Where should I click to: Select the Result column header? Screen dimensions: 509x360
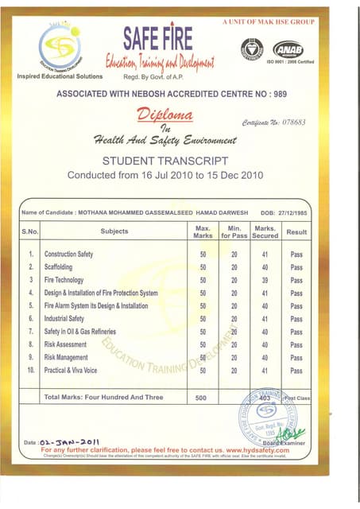click(x=296, y=231)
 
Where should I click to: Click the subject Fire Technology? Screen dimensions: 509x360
click(x=64, y=280)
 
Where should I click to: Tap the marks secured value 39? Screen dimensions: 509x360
click(x=264, y=280)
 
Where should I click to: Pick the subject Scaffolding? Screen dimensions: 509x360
click(x=60, y=267)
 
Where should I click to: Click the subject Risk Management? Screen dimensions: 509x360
click(x=66, y=357)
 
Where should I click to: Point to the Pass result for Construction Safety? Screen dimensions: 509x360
click(x=296, y=254)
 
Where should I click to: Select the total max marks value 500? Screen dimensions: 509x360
click(x=202, y=397)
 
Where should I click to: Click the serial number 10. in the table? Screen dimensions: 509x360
click(x=31, y=370)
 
